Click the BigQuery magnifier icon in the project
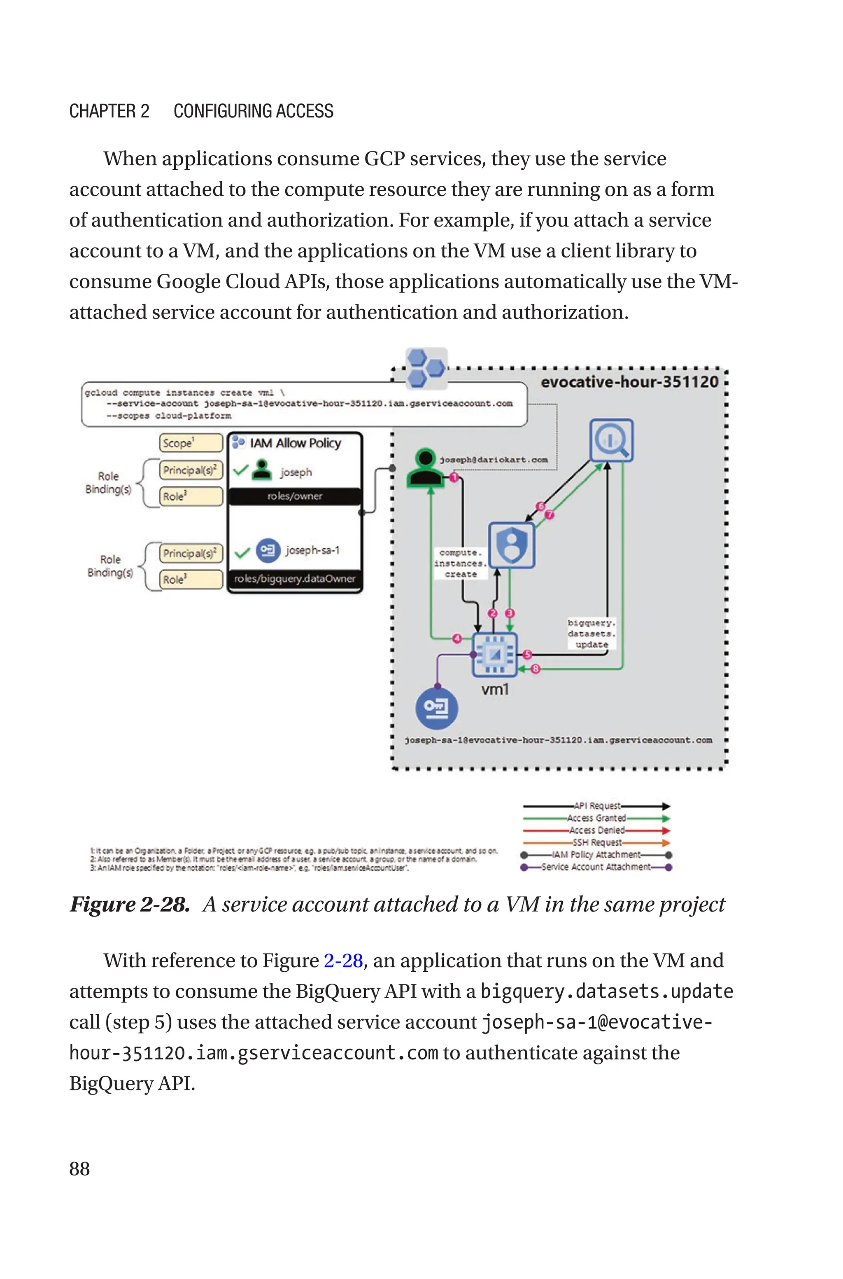[611, 440]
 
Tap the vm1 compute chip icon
[495, 654]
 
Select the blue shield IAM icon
[511, 545]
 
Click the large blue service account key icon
[437, 708]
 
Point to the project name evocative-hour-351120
[629, 382]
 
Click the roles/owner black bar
[295, 496]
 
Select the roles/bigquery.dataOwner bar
[295, 579]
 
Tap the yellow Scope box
[190, 443]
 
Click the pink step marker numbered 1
[454, 477]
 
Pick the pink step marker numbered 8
[536, 669]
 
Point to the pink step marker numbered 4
[457, 638]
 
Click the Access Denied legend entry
[597, 830]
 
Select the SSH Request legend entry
[597, 842]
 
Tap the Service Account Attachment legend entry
[596, 867]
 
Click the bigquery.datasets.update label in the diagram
[592, 633]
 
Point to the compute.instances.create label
[460, 563]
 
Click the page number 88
[79, 1168]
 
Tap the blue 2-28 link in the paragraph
[343, 960]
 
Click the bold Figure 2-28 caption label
[130, 904]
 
